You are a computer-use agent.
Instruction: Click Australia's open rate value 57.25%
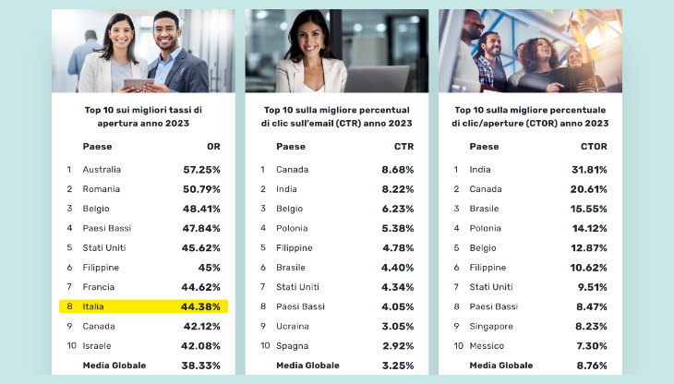coord(201,170)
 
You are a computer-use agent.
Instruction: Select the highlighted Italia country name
coord(93,306)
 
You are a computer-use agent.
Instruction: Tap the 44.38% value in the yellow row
coord(200,306)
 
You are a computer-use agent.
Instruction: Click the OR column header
coord(213,147)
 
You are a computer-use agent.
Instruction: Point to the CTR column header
coord(404,147)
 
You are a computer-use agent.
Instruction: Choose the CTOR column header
coord(594,147)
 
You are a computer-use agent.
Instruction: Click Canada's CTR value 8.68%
coord(398,170)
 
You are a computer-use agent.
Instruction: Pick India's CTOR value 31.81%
coord(589,170)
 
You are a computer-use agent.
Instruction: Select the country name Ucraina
coord(293,327)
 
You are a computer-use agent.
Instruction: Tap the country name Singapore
coord(491,327)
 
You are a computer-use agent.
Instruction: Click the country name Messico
coord(487,346)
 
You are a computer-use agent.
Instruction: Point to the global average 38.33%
coord(200,366)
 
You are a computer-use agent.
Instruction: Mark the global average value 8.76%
coord(592,366)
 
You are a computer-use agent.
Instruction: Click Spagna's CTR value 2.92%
coord(398,346)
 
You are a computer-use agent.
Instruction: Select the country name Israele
coord(97,346)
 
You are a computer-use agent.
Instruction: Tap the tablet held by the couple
coord(138,84)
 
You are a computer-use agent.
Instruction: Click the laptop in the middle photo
coord(377,78)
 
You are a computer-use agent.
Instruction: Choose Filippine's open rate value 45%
coord(210,268)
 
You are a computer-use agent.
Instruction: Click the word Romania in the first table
coord(102,189)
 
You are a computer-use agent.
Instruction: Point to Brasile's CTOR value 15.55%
coord(589,209)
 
